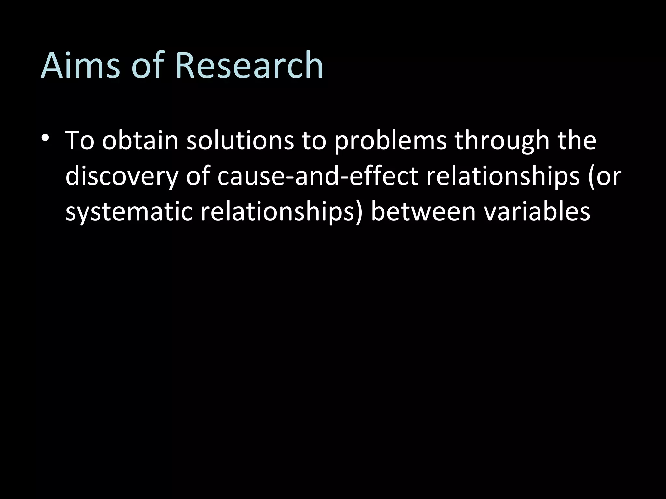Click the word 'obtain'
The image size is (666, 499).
click(140, 141)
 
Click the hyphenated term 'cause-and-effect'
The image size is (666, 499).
click(317, 177)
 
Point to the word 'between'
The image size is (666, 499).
click(423, 212)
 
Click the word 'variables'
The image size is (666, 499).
click(537, 212)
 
